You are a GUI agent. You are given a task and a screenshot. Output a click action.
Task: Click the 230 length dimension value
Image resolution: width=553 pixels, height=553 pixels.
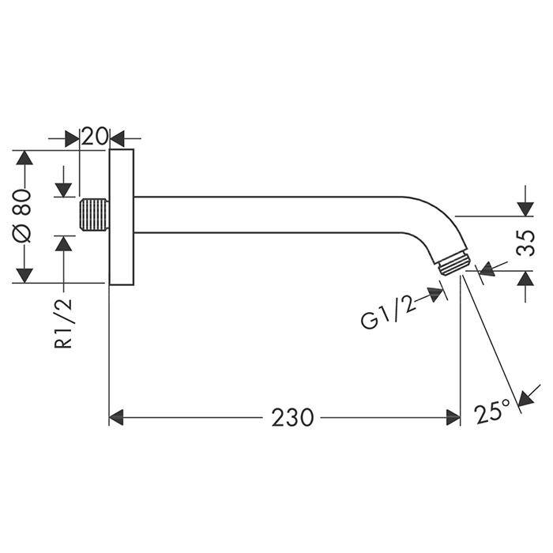point(292,417)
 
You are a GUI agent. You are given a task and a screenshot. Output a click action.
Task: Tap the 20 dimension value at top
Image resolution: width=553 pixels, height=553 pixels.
point(95,137)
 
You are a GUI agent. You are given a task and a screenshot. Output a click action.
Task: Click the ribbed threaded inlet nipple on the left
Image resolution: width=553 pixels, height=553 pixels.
point(93,216)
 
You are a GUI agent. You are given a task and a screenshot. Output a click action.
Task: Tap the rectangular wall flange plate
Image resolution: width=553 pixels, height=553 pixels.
point(121,216)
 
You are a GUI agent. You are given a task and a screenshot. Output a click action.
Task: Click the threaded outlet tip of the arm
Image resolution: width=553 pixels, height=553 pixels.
point(454,265)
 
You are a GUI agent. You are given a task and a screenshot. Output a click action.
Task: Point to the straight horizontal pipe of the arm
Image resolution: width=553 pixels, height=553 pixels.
point(269,214)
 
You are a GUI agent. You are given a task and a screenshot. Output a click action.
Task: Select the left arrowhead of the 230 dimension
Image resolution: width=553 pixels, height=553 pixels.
point(117,417)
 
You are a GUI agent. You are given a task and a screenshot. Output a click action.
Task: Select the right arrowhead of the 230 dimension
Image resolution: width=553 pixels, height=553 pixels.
point(453,417)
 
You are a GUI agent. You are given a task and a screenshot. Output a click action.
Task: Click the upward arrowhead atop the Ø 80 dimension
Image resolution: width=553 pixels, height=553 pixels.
point(24,157)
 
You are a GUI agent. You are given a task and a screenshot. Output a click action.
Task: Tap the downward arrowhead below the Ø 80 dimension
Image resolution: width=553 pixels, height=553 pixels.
point(24,275)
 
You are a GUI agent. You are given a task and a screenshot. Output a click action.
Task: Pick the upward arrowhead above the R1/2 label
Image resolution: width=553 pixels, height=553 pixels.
point(64,243)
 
